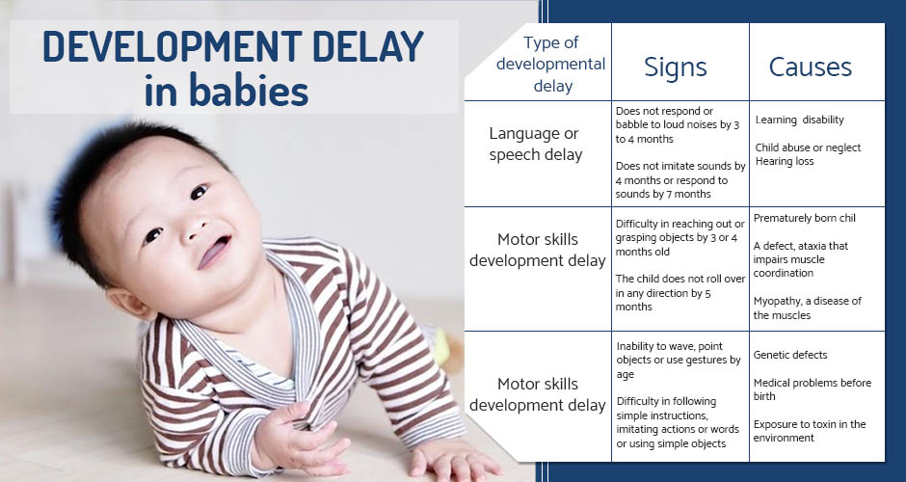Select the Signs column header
pyautogui.click(x=676, y=67)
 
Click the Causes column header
pyautogui.click(x=810, y=67)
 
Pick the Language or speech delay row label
pyautogui.click(x=535, y=144)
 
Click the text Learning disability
pyautogui.click(x=800, y=120)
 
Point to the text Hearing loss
pyautogui.click(x=785, y=162)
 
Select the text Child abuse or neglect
pyautogui.click(x=808, y=147)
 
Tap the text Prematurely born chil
pyautogui.click(x=804, y=219)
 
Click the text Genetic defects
pyautogui.click(x=790, y=355)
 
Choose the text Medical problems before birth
pyautogui.click(x=812, y=389)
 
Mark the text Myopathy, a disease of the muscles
pyautogui.click(x=807, y=308)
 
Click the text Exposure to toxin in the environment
pyautogui.click(x=810, y=431)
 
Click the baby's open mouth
pyautogui.click(x=214, y=252)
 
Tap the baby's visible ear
pyautogui.click(x=127, y=304)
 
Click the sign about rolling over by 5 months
pyautogui.click(x=680, y=292)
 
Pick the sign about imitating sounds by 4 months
pyautogui.click(x=680, y=179)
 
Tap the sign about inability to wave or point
pyautogui.click(x=679, y=361)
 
